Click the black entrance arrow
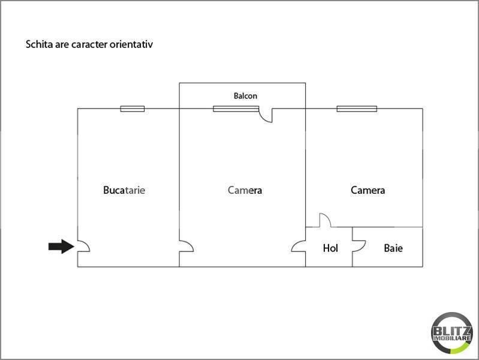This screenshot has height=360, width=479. click(61, 246)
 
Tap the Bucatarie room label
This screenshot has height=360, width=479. click(124, 190)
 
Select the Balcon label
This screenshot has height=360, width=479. click(245, 96)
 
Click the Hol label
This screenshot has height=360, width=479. click(330, 248)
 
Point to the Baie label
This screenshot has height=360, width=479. click(393, 248)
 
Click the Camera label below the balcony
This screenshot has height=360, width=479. click(245, 190)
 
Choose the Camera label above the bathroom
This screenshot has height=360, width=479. click(368, 190)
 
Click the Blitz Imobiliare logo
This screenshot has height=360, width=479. click(452, 333)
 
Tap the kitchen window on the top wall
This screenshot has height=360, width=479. click(132, 109)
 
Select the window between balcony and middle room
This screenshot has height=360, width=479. click(236, 109)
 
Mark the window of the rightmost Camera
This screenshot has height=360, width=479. click(357, 109)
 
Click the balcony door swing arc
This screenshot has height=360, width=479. click(264, 118)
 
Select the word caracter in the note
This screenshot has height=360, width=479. click(89, 44)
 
